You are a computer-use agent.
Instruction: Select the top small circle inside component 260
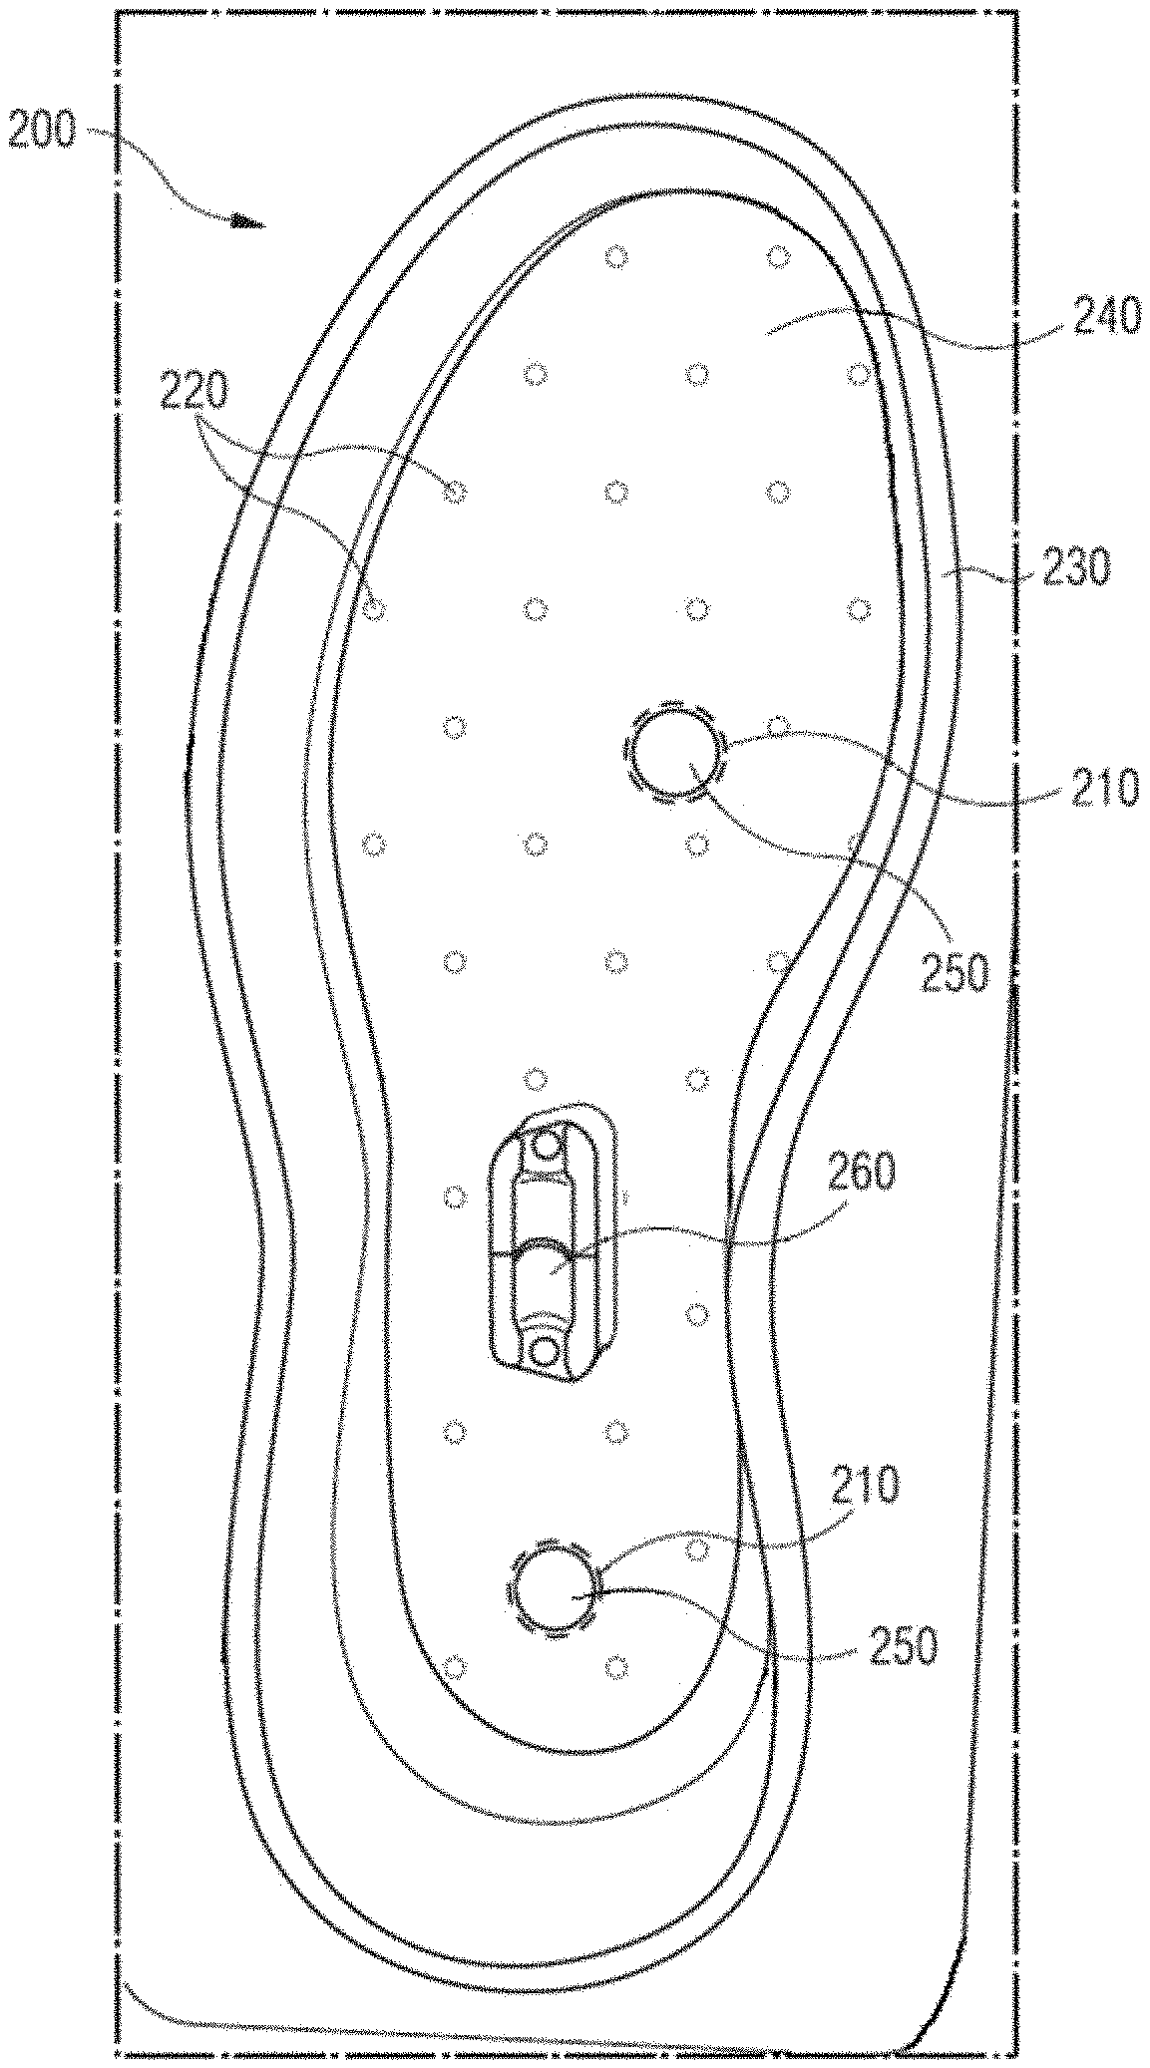[x=547, y=1145]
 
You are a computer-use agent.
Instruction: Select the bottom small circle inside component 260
[x=545, y=1353]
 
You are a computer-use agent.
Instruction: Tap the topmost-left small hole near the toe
[x=617, y=257]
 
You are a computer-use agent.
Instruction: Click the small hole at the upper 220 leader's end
[x=455, y=492]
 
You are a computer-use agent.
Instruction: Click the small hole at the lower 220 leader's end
[x=374, y=609]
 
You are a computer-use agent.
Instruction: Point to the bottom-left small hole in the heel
[x=455, y=1666]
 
